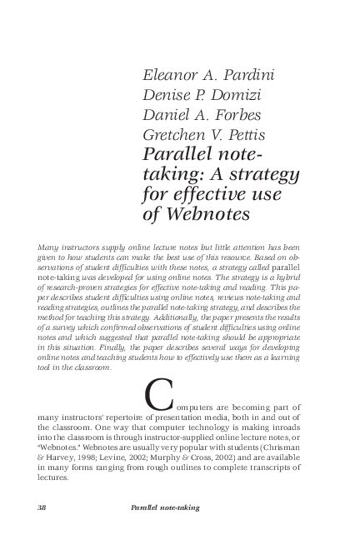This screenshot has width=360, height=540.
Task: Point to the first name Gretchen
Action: click(x=179, y=134)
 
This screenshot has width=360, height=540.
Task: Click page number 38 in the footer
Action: click(x=42, y=507)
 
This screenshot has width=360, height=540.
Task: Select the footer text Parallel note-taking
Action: click(x=165, y=507)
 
